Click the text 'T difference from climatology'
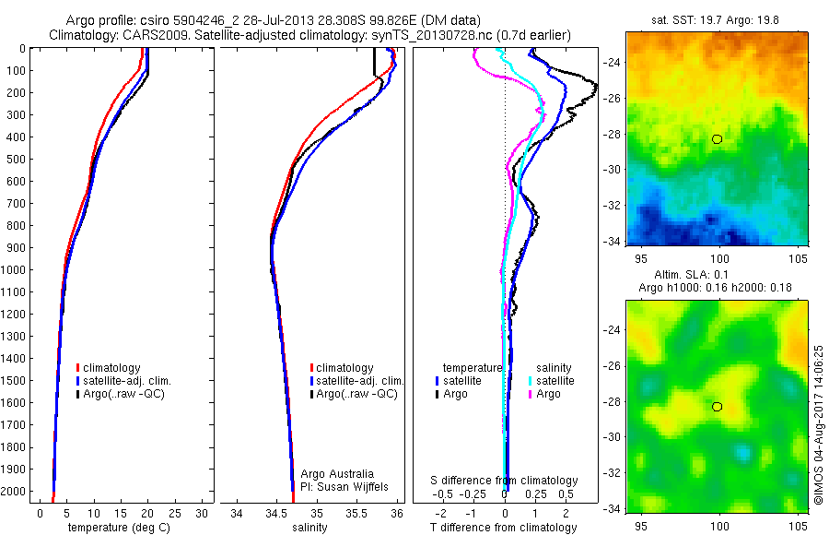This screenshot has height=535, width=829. coord(505,528)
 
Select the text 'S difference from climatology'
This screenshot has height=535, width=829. coord(505,481)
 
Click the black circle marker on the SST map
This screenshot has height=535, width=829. coord(717,138)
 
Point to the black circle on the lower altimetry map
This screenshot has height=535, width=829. coord(717,407)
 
